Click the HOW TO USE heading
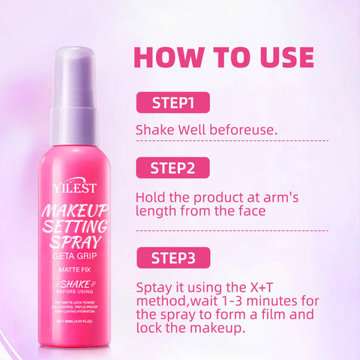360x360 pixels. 223,57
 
